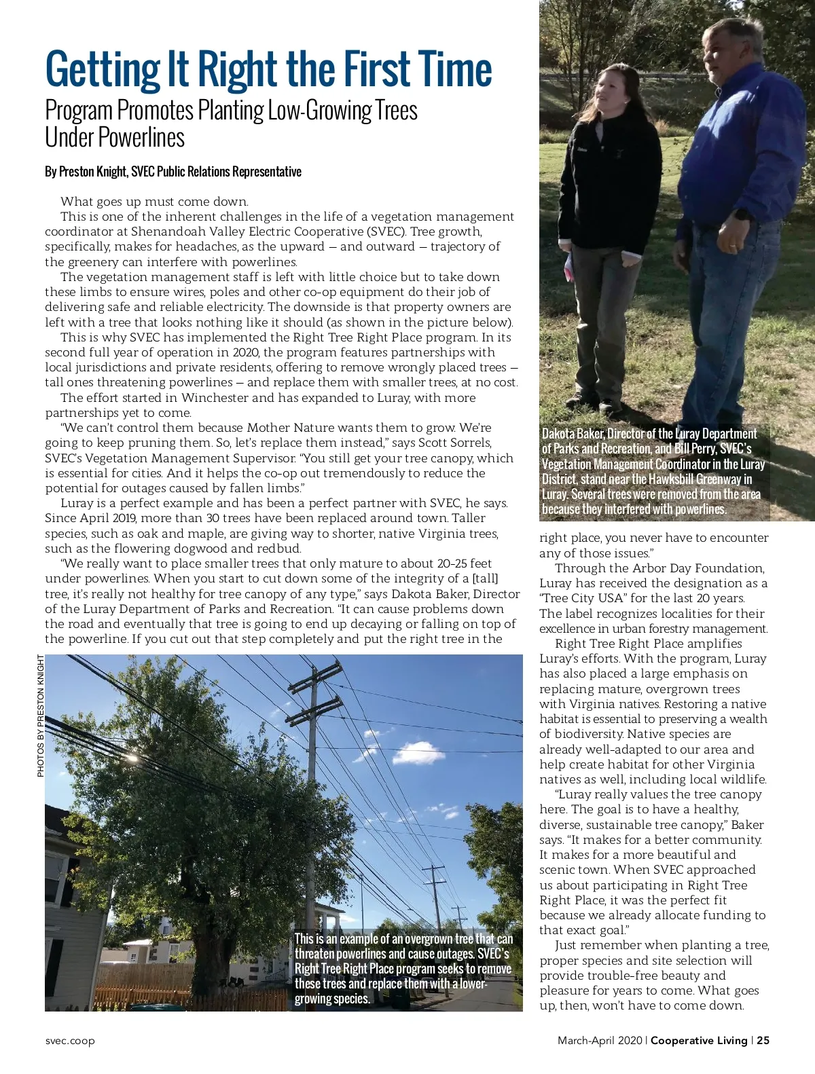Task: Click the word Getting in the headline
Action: point(101,70)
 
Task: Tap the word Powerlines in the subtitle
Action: point(141,137)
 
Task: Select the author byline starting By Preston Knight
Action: point(173,172)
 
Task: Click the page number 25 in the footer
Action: point(763,1040)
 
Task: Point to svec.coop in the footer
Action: point(70,1041)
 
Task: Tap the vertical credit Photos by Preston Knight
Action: point(41,716)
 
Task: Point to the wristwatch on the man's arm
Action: point(742,215)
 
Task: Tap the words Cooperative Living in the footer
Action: point(699,1040)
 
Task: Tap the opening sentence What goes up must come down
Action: point(154,202)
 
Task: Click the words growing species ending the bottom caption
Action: point(332,999)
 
